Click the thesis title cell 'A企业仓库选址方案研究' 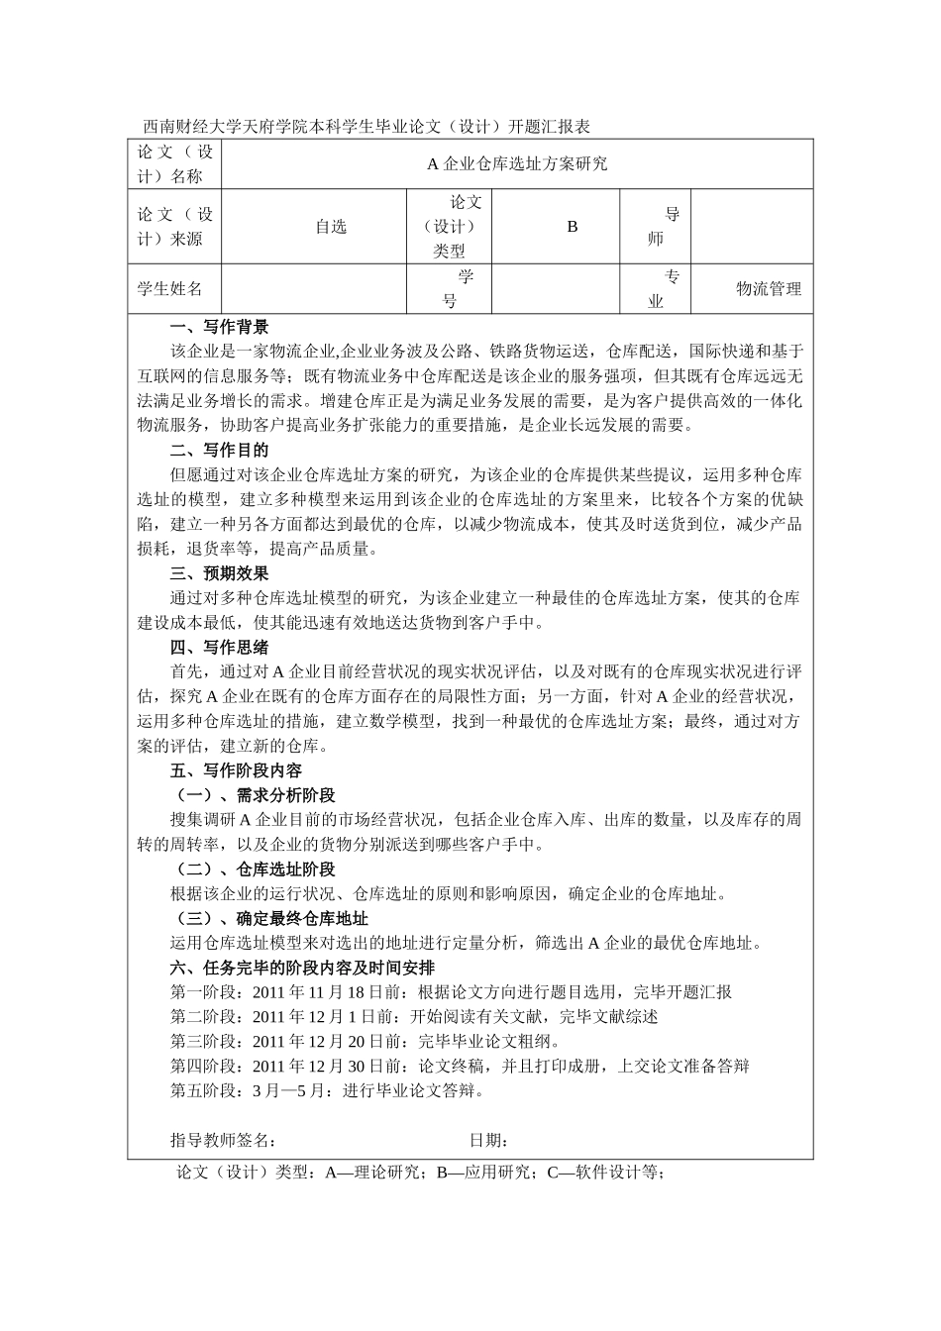[x=517, y=164]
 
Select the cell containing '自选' [x=331, y=227]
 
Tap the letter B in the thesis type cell [x=572, y=227]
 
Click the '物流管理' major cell [x=768, y=289]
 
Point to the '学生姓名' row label [x=169, y=289]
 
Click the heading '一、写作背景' [x=219, y=328]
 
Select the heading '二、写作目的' [x=219, y=451]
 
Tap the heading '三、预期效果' [x=219, y=573]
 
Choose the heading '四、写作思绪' [x=219, y=648]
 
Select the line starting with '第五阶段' [x=328, y=1091]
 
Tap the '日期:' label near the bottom [x=489, y=1141]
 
